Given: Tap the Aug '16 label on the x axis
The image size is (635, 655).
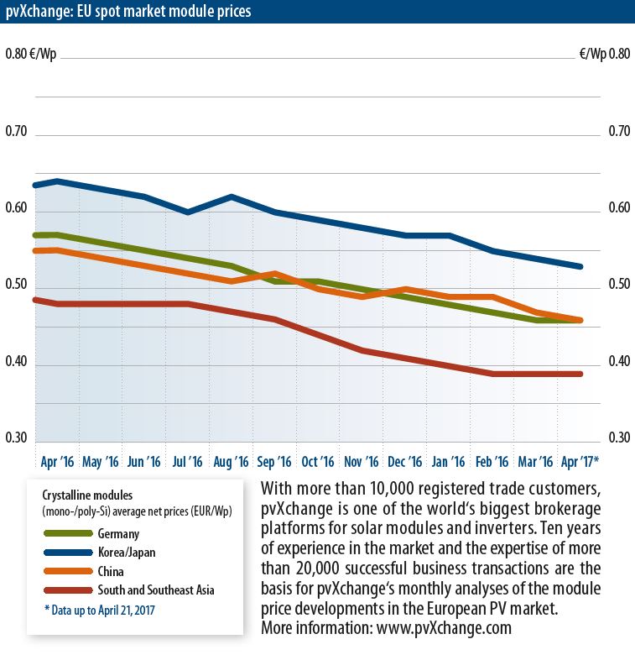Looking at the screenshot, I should pos(231,462).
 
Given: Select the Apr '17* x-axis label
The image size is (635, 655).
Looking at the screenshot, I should pos(578,462).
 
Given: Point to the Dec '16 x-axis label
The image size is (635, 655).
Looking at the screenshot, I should pos(405,462).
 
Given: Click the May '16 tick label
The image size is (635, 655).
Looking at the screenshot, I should pos(101,462).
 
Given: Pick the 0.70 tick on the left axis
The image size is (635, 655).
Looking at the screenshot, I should pos(17,132).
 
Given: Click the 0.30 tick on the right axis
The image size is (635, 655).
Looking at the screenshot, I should pos(619,438).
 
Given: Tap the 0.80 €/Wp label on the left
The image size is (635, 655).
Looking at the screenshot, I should pos(29,55).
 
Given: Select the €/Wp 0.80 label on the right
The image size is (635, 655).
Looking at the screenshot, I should pos(604,55).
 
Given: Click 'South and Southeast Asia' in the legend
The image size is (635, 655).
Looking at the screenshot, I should pos(155,590).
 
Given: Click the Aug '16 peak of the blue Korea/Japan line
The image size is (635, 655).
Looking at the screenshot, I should pos(232,196).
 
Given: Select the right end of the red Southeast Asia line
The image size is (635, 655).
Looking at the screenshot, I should pos(580,374).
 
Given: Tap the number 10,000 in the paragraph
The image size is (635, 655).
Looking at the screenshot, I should pos(366,489).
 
